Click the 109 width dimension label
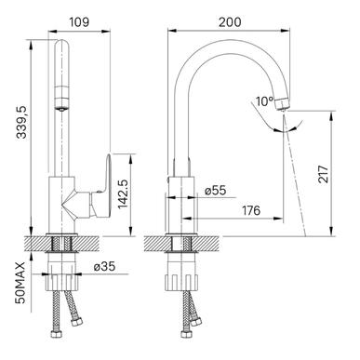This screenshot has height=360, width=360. (x=79, y=22)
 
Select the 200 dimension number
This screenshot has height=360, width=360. (x=230, y=22)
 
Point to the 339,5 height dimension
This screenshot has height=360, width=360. (x=22, y=121)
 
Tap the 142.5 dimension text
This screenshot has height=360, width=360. (x=124, y=193)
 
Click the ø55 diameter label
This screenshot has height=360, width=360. (x=215, y=191)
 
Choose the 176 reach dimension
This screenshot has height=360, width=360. (x=251, y=210)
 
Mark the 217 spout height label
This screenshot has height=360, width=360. (x=323, y=174)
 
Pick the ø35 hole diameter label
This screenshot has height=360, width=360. (x=104, y=266)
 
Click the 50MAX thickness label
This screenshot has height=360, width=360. (x=20, y=283)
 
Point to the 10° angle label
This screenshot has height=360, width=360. (x=264, y=101)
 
